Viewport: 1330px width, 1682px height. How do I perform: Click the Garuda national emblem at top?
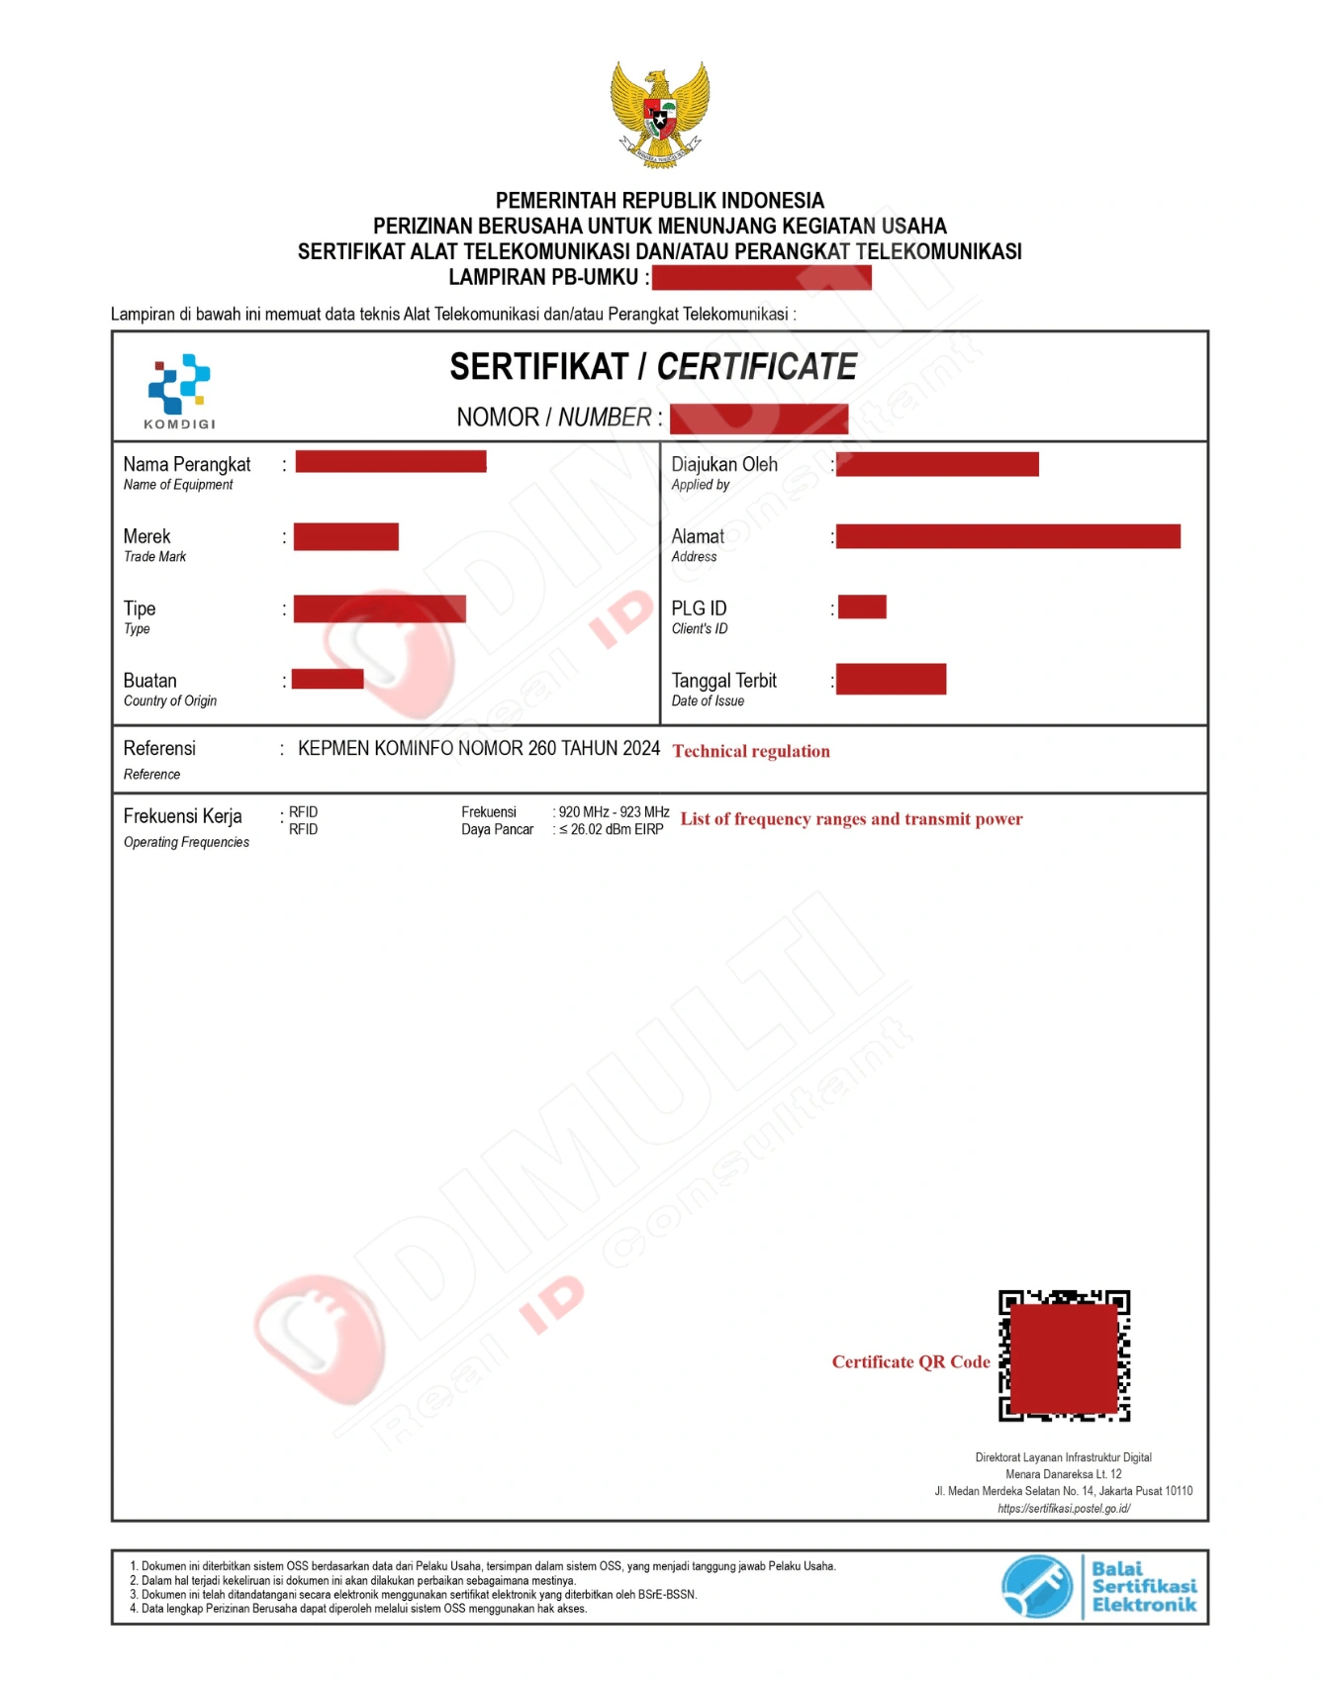pyautogui.click(x=660, y=115)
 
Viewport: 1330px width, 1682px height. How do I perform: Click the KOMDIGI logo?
pyautogui.click(x=179, y=390)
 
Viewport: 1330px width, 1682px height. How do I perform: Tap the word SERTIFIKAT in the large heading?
pyautogui.click(x=538, y=367)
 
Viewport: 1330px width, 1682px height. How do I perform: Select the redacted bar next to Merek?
pyautogui.click(x=346, y=536)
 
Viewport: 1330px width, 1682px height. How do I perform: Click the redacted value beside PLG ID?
pyautogui.click(x=862, y=607)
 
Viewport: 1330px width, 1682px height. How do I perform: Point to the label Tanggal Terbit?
pyautogui.click(x=723, y=681)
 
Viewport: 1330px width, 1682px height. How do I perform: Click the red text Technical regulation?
pyautogui.click(x=751, y=751)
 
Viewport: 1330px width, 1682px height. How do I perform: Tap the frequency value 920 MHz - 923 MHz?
pyautogui.click(x=614, y=812)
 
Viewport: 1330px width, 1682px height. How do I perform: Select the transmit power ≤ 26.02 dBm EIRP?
pyautogui.click(x=611, y=830)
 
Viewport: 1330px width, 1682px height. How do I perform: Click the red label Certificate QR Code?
pyautogui.click(x=910, y=1362)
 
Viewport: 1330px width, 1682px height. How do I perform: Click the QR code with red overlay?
pyautogui.click(x=1064, y=1355)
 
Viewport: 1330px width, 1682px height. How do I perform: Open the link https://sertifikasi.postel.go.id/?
pyautogui.click(x=1064, y=1509)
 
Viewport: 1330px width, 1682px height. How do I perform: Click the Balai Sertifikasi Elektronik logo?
pyautogui.click(x=1098, y=1586)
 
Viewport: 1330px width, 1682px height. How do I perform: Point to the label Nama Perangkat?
pyautogui.click(x=187, y=465)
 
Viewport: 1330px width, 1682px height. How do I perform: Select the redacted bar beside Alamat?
pyautogui.click(x=1007, y=536)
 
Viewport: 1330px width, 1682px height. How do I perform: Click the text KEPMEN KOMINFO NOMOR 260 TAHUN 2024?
pyautogui.click(x=479, y=749)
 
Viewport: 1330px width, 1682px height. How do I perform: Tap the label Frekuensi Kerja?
pyautogui.click(x=183, y=816)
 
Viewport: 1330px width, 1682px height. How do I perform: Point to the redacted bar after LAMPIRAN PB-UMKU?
pyautogui.click(x=761, y=278)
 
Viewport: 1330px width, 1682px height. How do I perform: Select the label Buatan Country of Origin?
pyautogui.click(x=169, y=690)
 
